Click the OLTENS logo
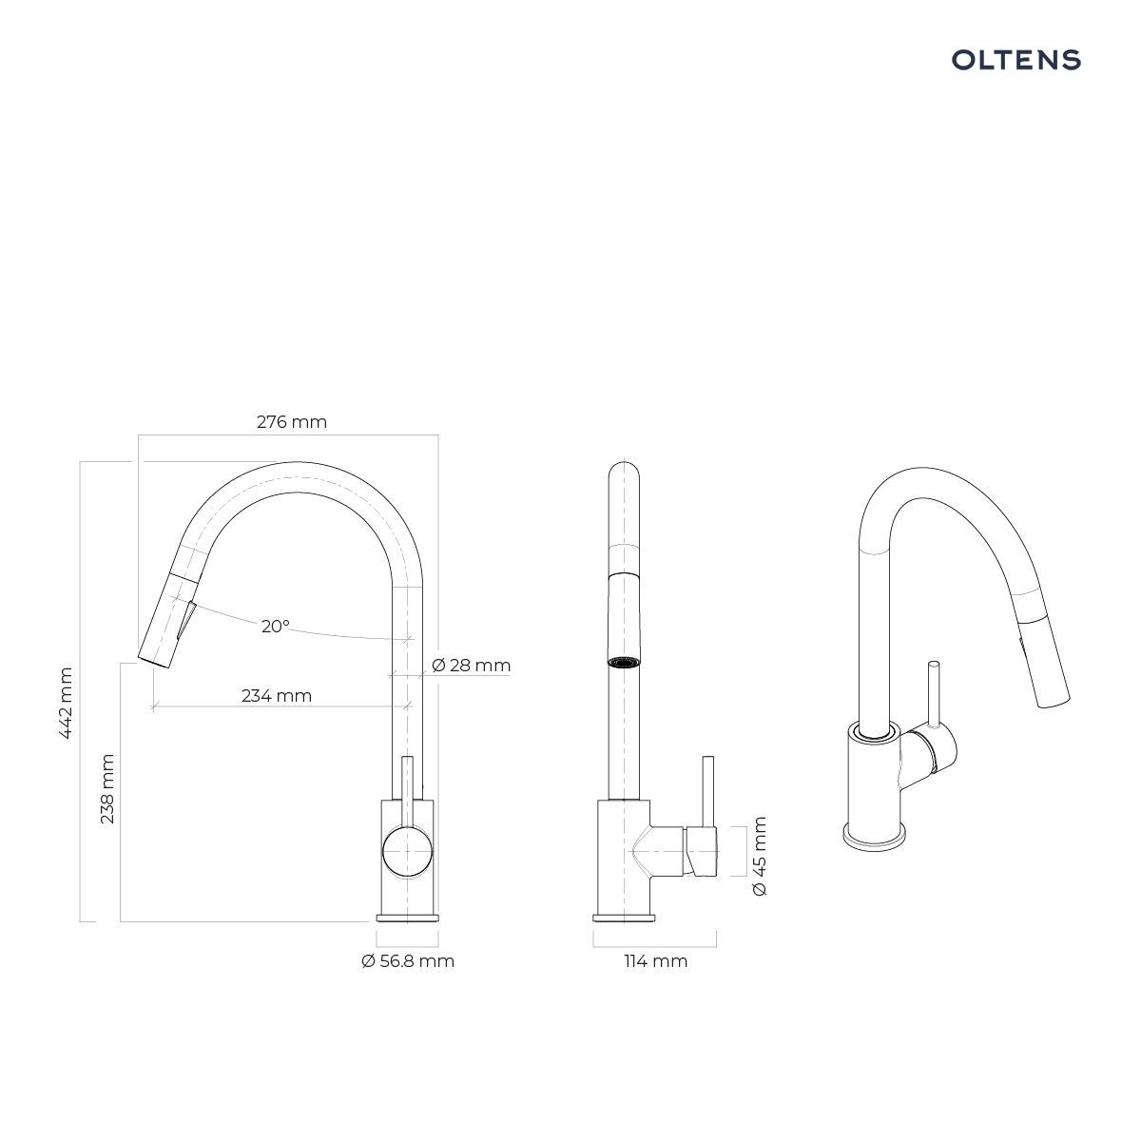pyautogui.click(x=1016, y=60)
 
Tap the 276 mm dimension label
pyautogui.click(x=291, y=421)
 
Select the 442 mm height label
pyautogui.click(x=66, y=703)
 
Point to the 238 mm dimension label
pyautogui.click(x=107, y=788)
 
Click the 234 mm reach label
pyautogui.click(x=277, y=695)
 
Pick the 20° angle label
pyautogui.click(x=276, y=626)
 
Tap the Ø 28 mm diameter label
pyautogui.click(x=471, y=665)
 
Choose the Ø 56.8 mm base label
pyautogui.click(x=408, y=961)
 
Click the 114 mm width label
pyautogui.click(x=655, y=961)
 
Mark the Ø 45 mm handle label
pyautogui.click(x=759, y=856)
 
